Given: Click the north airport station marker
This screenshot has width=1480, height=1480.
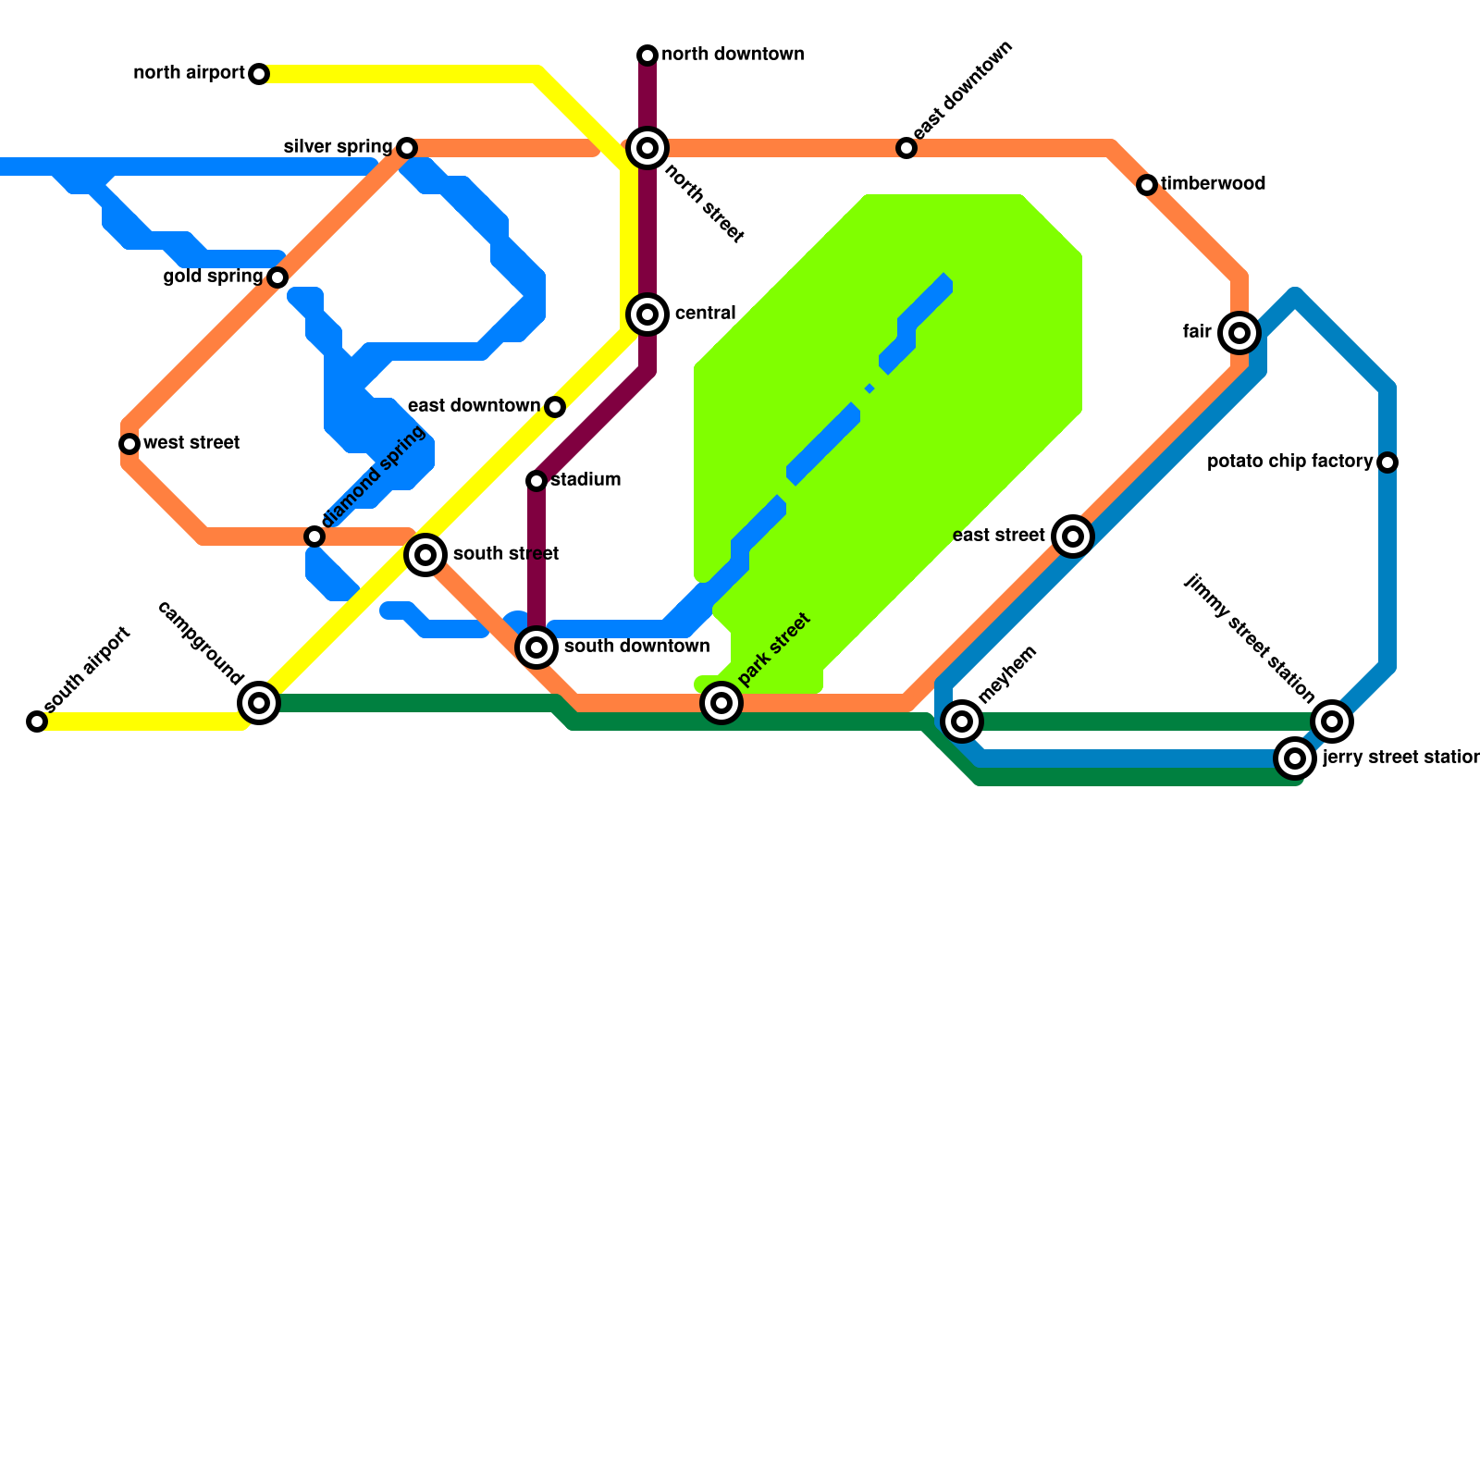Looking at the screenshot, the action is (x=259, y=74).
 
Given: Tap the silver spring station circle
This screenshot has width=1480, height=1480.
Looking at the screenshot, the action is (x=407, y=148).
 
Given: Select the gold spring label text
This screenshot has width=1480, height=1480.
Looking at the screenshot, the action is (x=213, y=277).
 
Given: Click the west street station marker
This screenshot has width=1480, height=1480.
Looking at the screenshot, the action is (x=129, y=444).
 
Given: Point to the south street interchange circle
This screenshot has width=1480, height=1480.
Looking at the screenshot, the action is (x=425, y=555).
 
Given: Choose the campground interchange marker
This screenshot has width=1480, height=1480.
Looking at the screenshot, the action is (x=259, y=703).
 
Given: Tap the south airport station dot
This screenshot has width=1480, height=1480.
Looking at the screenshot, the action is (x=37, y=721).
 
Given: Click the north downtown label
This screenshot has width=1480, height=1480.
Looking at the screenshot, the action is (x=733, y=55).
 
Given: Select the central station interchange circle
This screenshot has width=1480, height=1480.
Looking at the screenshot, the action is (x=647, y=314).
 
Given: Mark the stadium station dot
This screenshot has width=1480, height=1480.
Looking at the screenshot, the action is (x=536, y=481).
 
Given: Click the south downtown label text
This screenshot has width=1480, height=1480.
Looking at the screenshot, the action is (x=636, y=647).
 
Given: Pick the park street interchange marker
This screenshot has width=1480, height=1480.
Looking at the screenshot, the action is (x=721, y=703).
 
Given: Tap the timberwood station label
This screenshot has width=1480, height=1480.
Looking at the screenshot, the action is (x=1213, y=184).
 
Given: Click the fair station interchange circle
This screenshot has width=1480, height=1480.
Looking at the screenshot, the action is (x=1239, y=333).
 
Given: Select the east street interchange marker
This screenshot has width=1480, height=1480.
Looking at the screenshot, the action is (x=1073, y=536).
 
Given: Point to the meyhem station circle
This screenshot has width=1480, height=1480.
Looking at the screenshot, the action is (x=962, y=721).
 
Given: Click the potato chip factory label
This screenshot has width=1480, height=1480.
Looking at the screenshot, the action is (x=1289, y=462).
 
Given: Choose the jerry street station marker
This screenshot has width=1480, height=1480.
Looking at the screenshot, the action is (x=1295, y=758).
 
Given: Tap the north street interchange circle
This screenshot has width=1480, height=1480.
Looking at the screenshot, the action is (x=647, y=148).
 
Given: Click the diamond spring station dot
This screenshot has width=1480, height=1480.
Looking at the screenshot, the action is (x=314, y=536).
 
